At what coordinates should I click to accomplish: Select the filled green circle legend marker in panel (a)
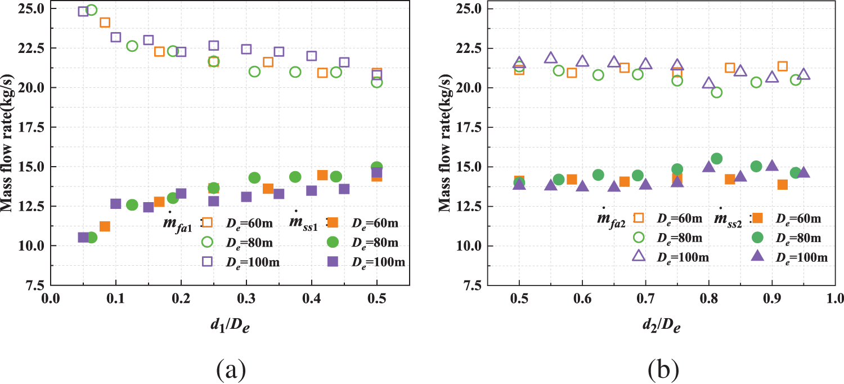coord(333,242)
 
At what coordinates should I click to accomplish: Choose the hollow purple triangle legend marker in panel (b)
coord(639,256)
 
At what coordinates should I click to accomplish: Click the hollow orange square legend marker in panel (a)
coord(207,223)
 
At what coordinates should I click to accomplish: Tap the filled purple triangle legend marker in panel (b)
coord(757,256)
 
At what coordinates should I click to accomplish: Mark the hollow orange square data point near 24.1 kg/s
coord(105,23)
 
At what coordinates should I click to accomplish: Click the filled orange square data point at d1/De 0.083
coord(105,226)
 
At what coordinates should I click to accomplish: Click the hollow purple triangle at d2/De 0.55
coord(550,58)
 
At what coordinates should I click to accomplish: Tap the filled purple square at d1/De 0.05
coord(83,238)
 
